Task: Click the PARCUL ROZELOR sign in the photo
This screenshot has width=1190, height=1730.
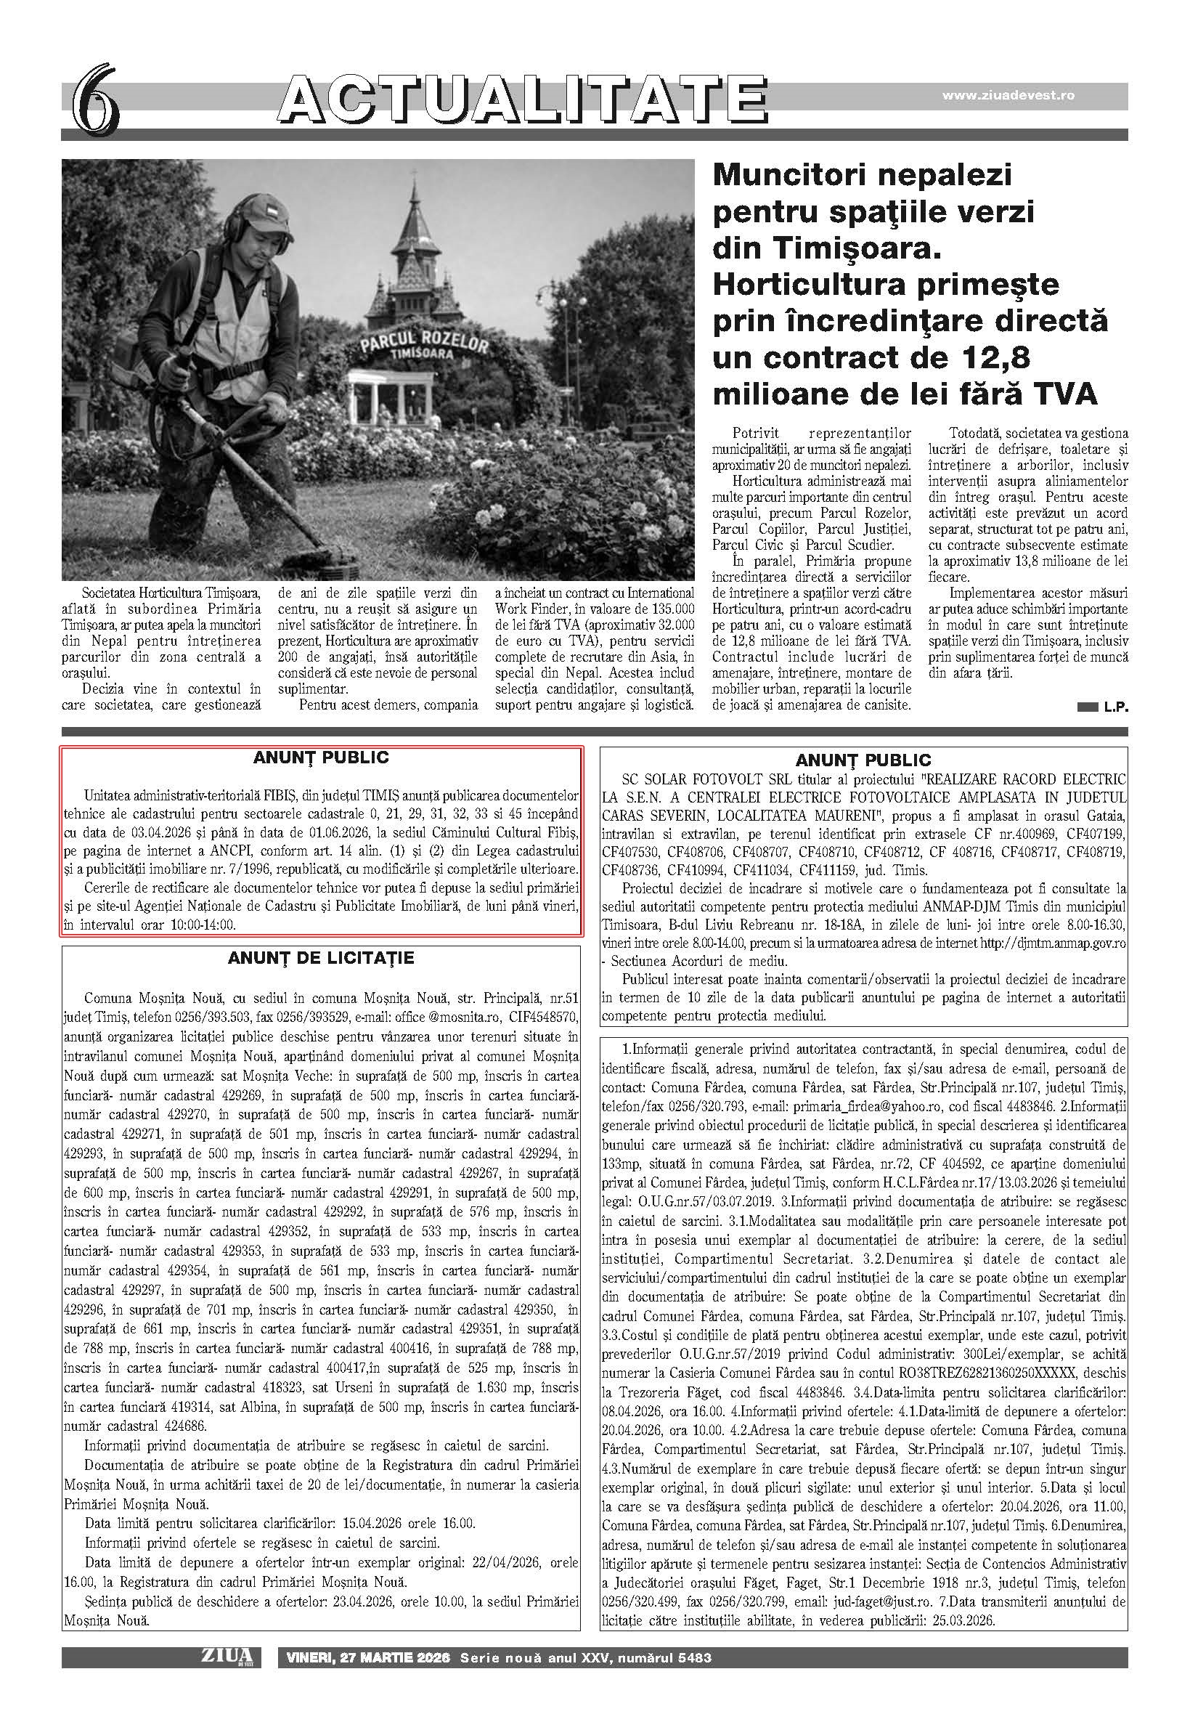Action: [424, 346]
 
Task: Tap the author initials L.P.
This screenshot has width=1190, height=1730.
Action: [1115, 709]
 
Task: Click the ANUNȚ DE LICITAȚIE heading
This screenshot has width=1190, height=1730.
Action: [322, 958]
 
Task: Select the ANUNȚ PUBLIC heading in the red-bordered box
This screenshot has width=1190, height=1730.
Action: [322, 758]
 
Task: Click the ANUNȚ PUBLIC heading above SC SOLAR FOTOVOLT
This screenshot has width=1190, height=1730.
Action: [863, 760]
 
